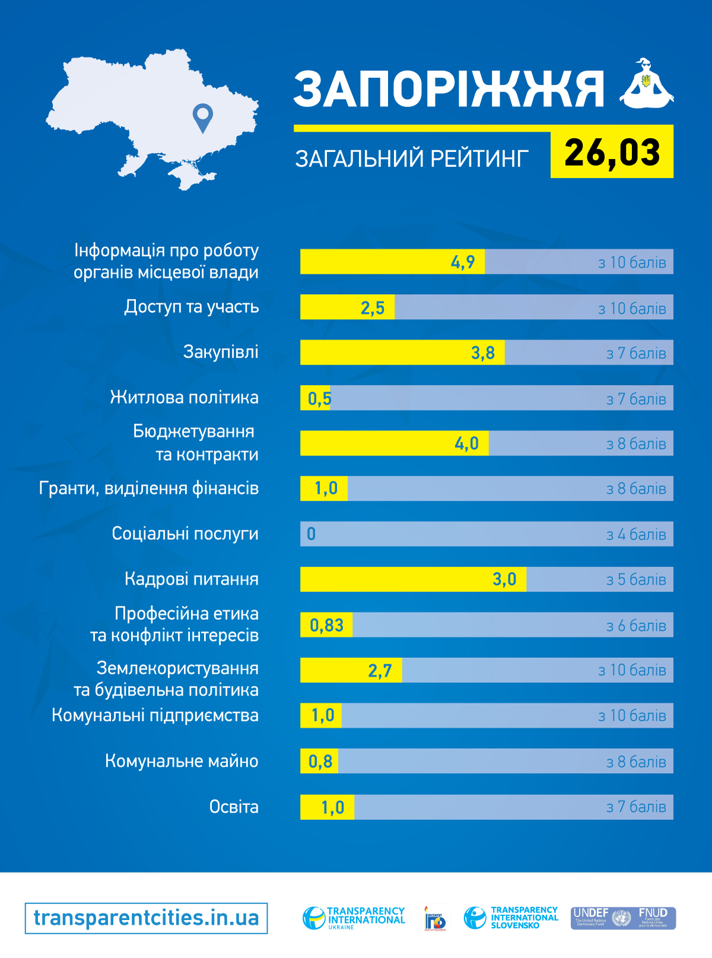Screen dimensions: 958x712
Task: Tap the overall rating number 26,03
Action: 612,152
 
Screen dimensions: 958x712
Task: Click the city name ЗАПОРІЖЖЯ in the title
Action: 449,90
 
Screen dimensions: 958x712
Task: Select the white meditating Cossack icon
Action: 646,84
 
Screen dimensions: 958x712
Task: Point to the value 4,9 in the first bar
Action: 463,262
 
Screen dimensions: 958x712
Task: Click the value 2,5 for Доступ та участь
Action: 373,308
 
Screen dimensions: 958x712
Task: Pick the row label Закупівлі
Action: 221,352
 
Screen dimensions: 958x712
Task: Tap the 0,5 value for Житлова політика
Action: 319,399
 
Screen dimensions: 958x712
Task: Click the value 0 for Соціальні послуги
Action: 311,534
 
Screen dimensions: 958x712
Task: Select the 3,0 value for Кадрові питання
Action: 504,580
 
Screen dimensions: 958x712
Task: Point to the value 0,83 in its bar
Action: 326,625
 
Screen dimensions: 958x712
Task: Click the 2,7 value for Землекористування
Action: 380,671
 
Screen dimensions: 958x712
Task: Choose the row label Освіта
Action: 234,807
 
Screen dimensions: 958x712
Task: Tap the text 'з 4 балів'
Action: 636,534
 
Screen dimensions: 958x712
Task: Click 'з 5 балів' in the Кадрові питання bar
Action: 636,580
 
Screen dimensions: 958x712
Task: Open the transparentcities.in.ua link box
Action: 146,918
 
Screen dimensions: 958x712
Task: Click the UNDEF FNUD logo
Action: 623,918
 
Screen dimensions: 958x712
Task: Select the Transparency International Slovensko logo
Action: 511,918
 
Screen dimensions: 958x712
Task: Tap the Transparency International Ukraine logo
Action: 354,918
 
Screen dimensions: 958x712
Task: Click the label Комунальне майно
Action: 182,761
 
